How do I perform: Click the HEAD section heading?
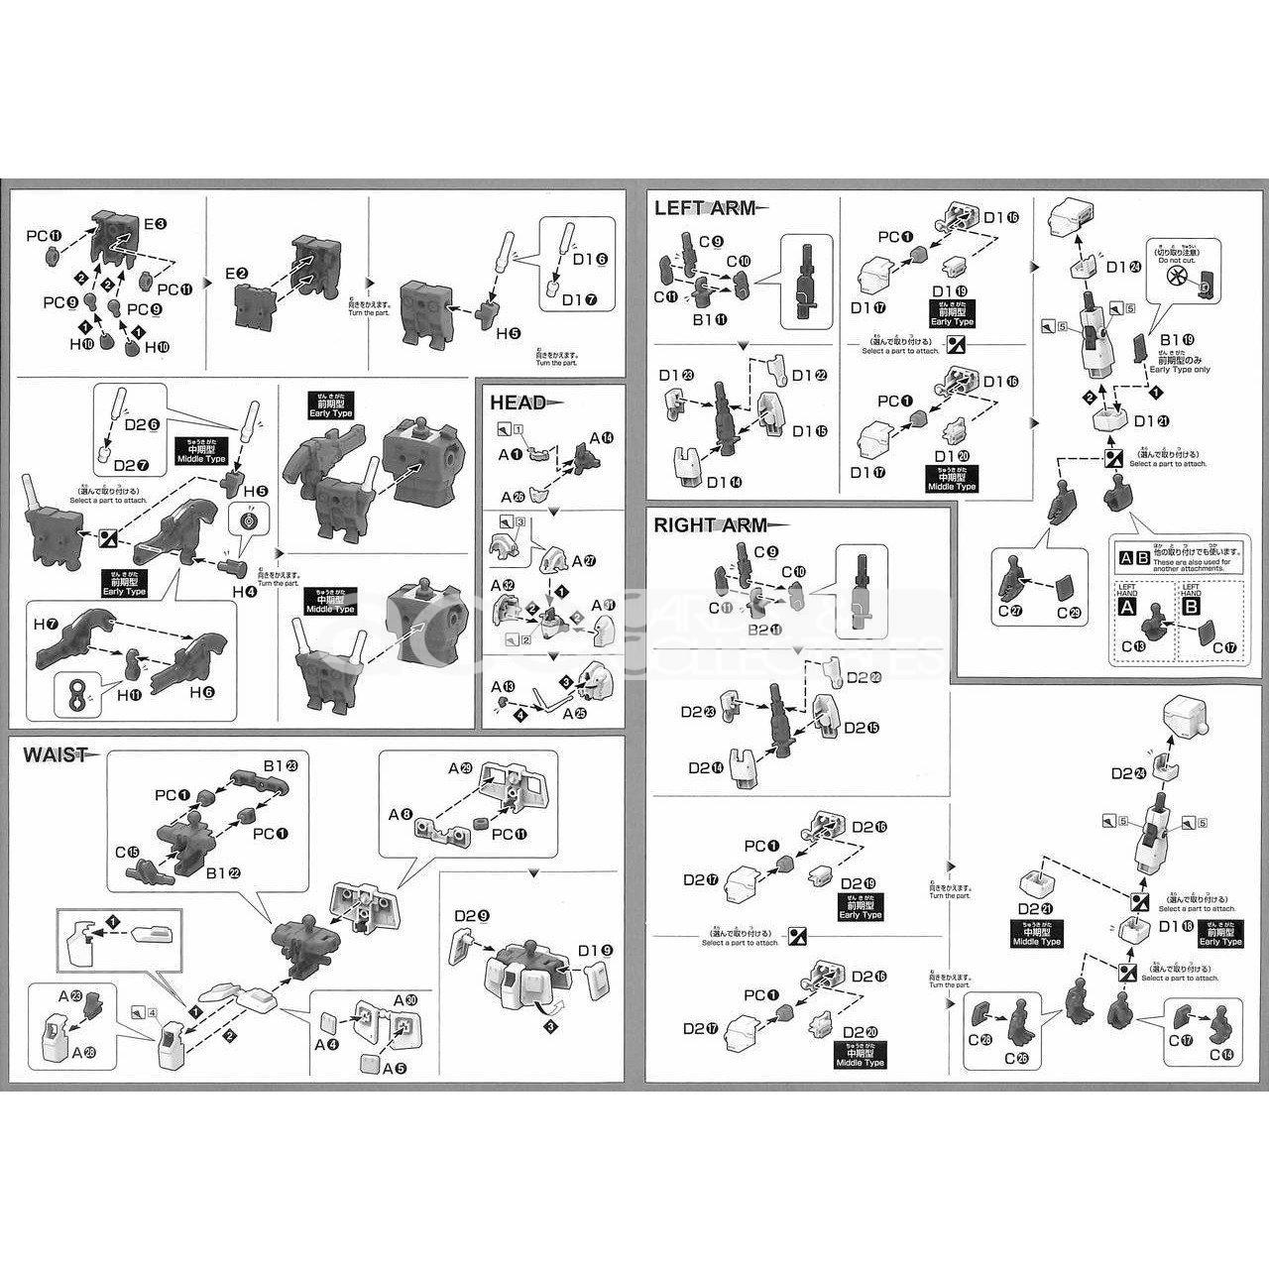[x=518, y=403]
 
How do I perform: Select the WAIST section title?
[x=55, y=755]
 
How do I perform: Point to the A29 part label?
[x=459, y=768]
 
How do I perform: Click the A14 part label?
[x=602, y=437]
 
